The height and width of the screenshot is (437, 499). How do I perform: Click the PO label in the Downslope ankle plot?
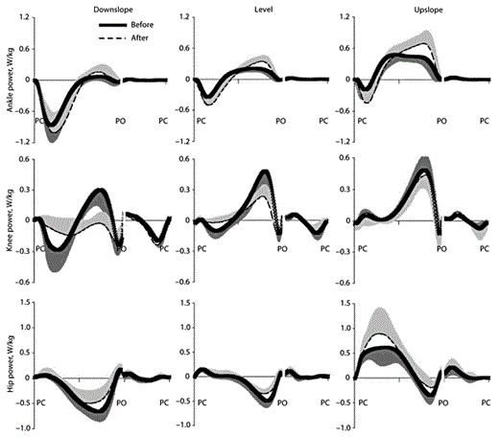122,122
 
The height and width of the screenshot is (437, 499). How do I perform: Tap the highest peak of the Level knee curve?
263,172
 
